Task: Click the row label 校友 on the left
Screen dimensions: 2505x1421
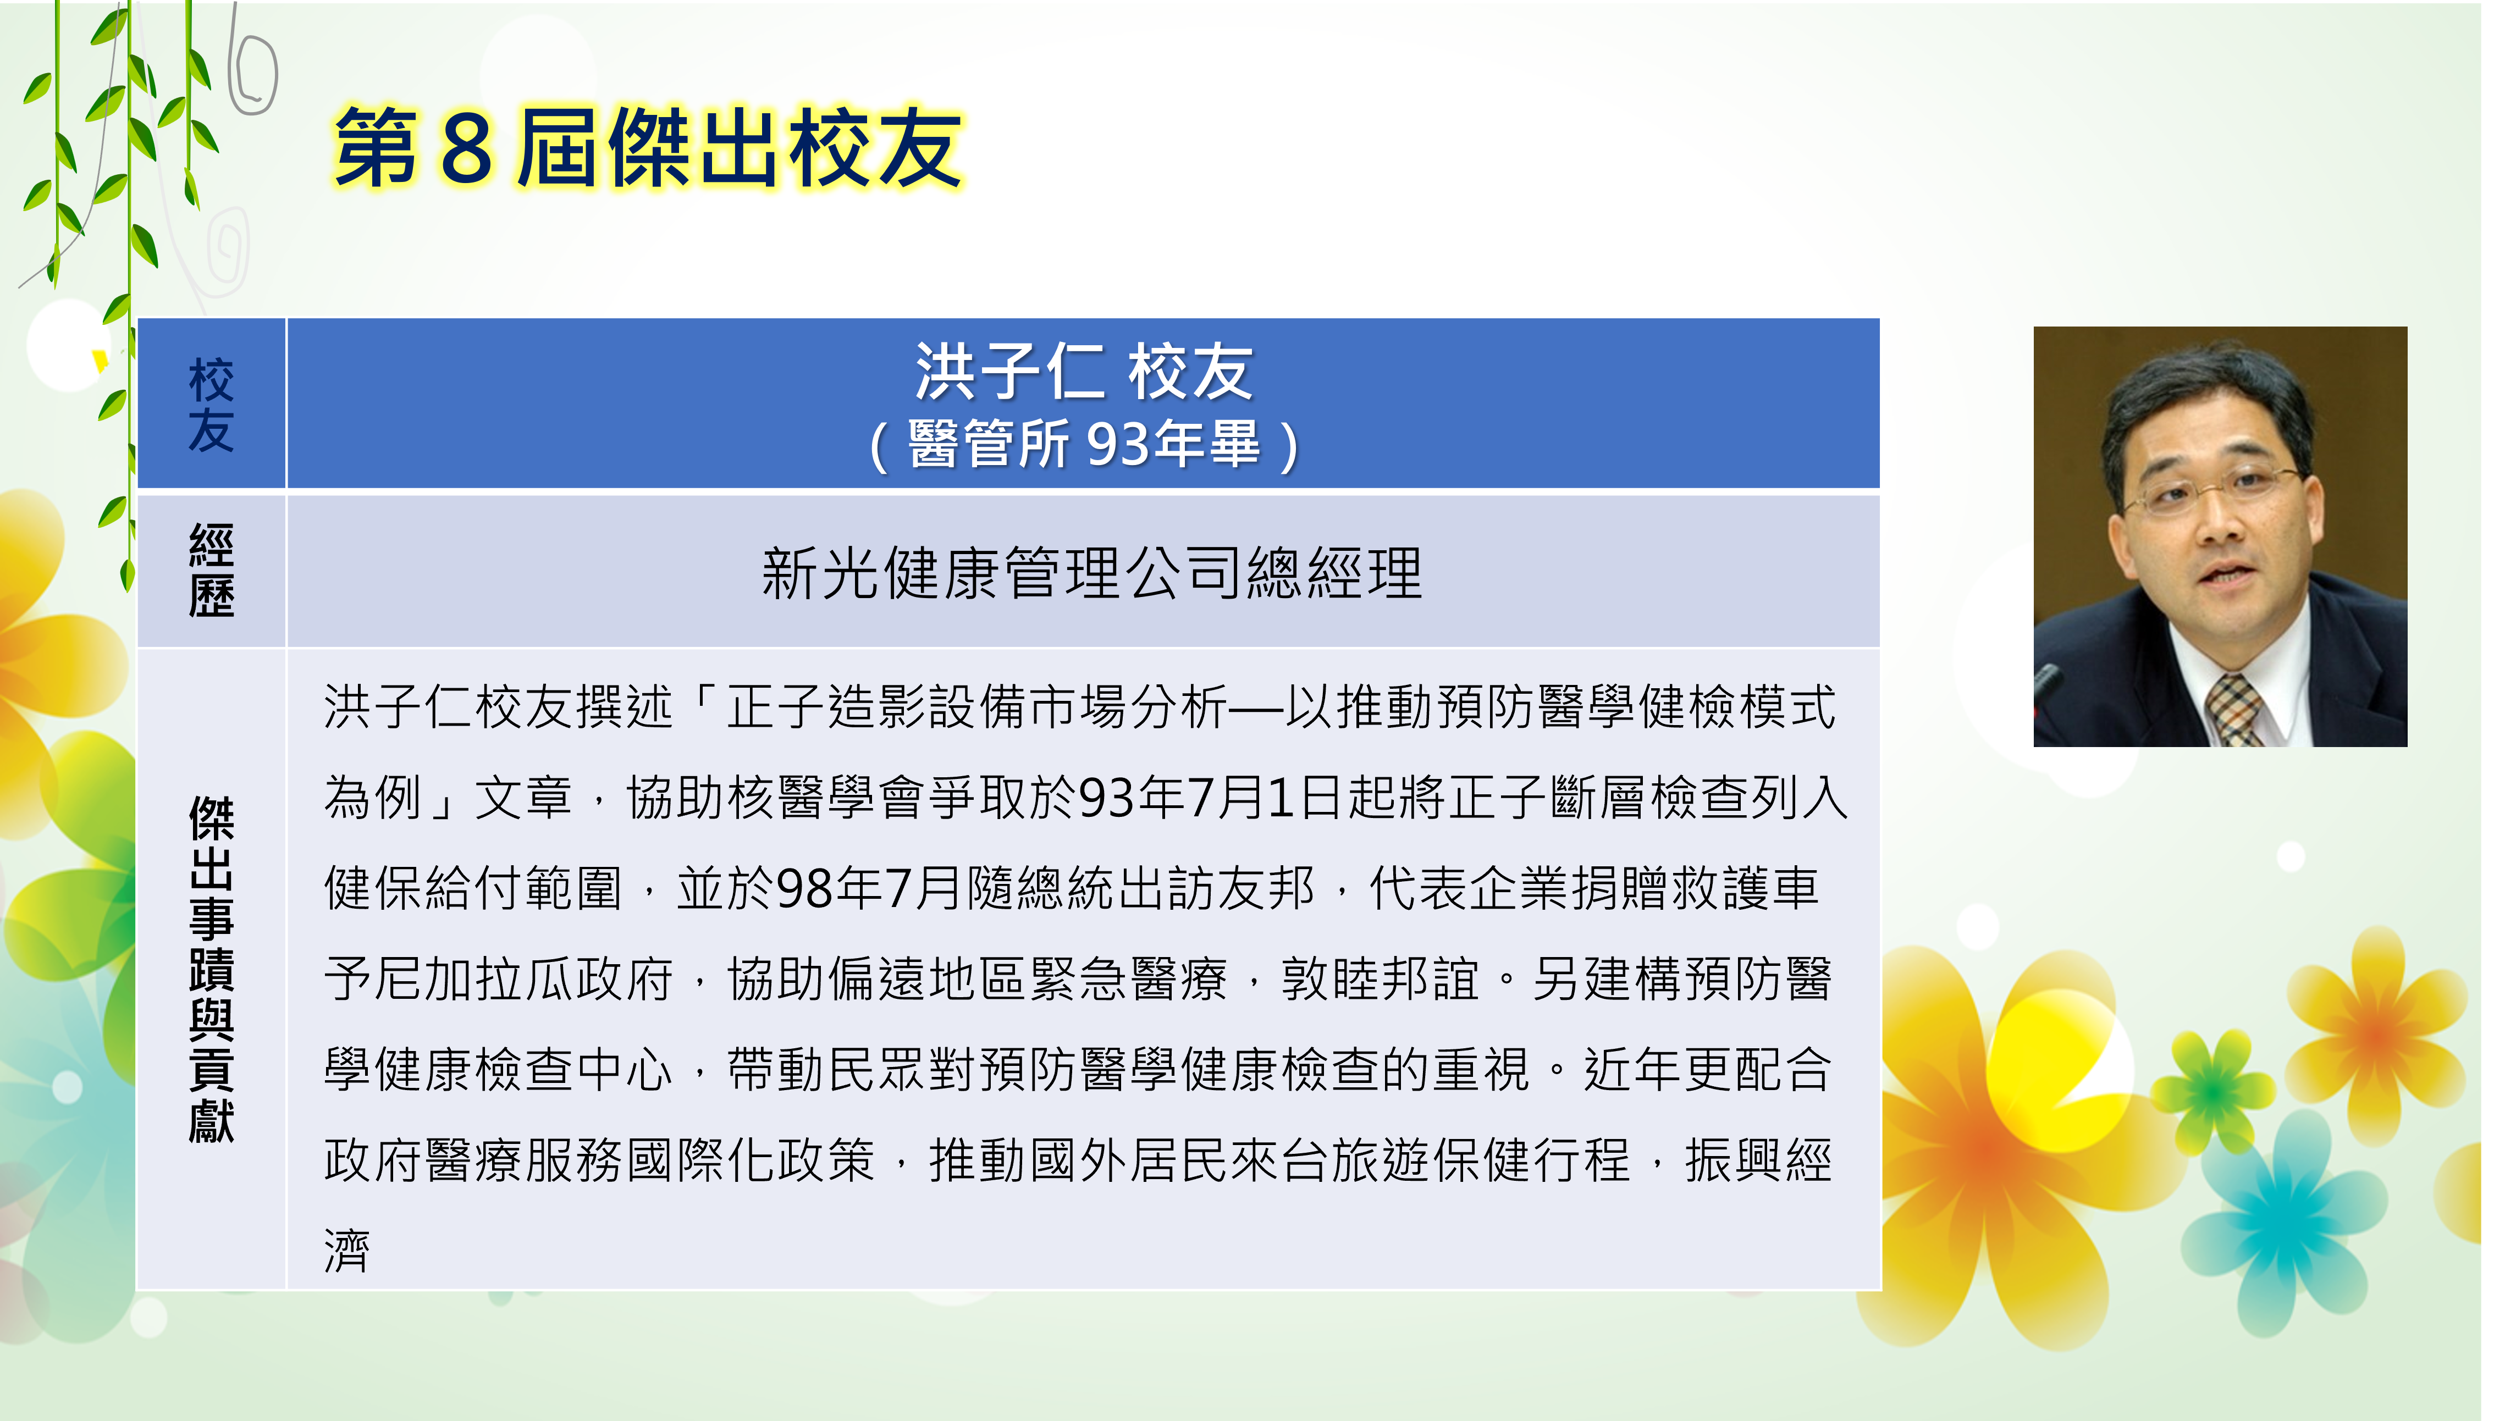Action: [x=211, y=404]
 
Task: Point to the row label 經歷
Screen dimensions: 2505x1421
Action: [x=211, y=571]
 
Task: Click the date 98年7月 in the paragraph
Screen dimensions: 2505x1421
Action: [x=869, y=888]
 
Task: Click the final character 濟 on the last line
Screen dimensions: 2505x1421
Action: [x=347, y=1251]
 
